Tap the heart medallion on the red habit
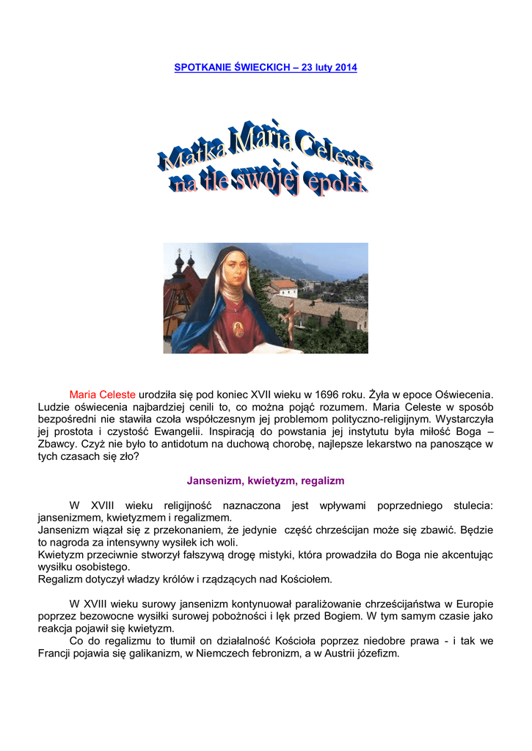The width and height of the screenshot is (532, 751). [x=238, y=326]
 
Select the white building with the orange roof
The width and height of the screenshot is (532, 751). [x=284, y=287]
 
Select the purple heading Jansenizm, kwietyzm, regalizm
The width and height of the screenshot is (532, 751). [x=266, y=481]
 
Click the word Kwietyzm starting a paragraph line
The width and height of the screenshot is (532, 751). [x=64, y=554]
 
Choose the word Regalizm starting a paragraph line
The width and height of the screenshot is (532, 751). [x=64, y=579]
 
